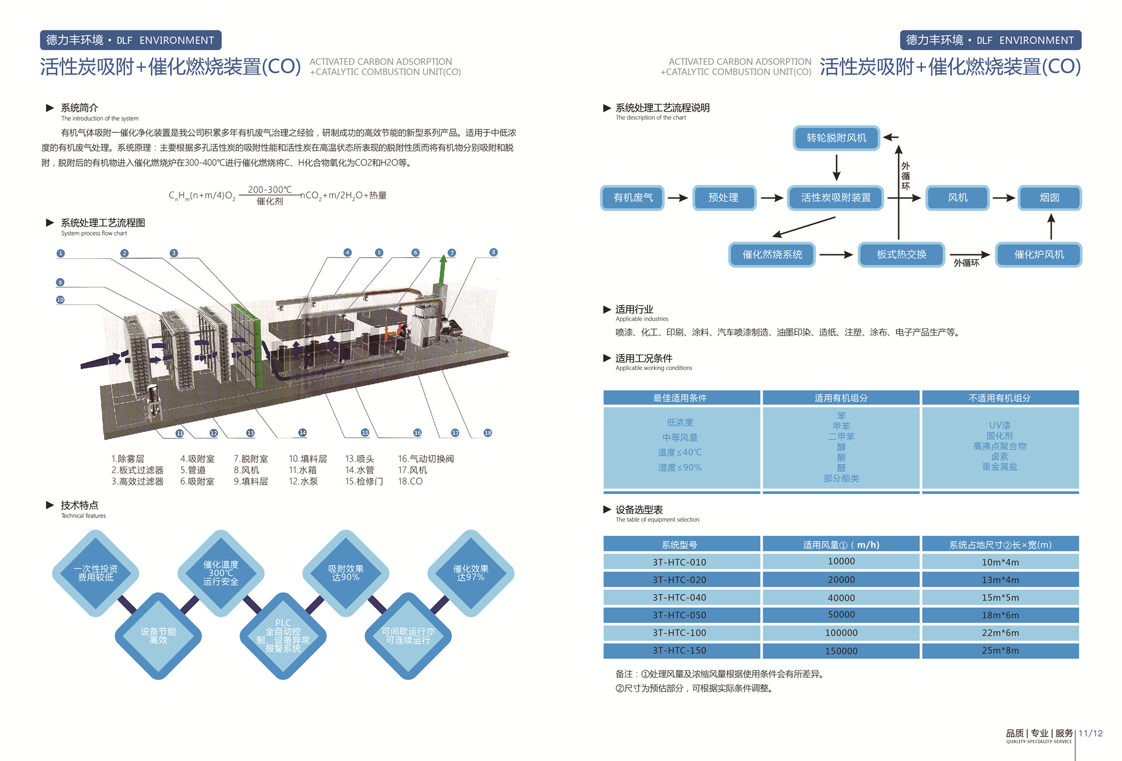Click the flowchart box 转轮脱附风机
coord(836,138)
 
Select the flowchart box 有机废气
coord(633,198)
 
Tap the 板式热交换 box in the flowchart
coord(901,254)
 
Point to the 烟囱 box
coord(1050,198)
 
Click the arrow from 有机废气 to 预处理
coord(678,198)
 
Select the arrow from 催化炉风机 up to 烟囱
coord(1051,226)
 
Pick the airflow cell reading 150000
coord(841,651)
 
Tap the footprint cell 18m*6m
coord(1000,615)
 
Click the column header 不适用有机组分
coord(1000,398)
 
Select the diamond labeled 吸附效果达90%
coord(345,573)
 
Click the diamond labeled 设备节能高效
coord(158,635)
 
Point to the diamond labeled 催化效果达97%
coord(470,573)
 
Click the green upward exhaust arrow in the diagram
coord(443,269)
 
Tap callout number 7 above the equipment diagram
coord(452,252)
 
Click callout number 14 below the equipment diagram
coord(302,433)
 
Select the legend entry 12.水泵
coord(303,481)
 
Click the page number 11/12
coord(1090,733)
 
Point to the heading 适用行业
coord(634,309)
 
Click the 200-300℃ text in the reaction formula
coord(269,189)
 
